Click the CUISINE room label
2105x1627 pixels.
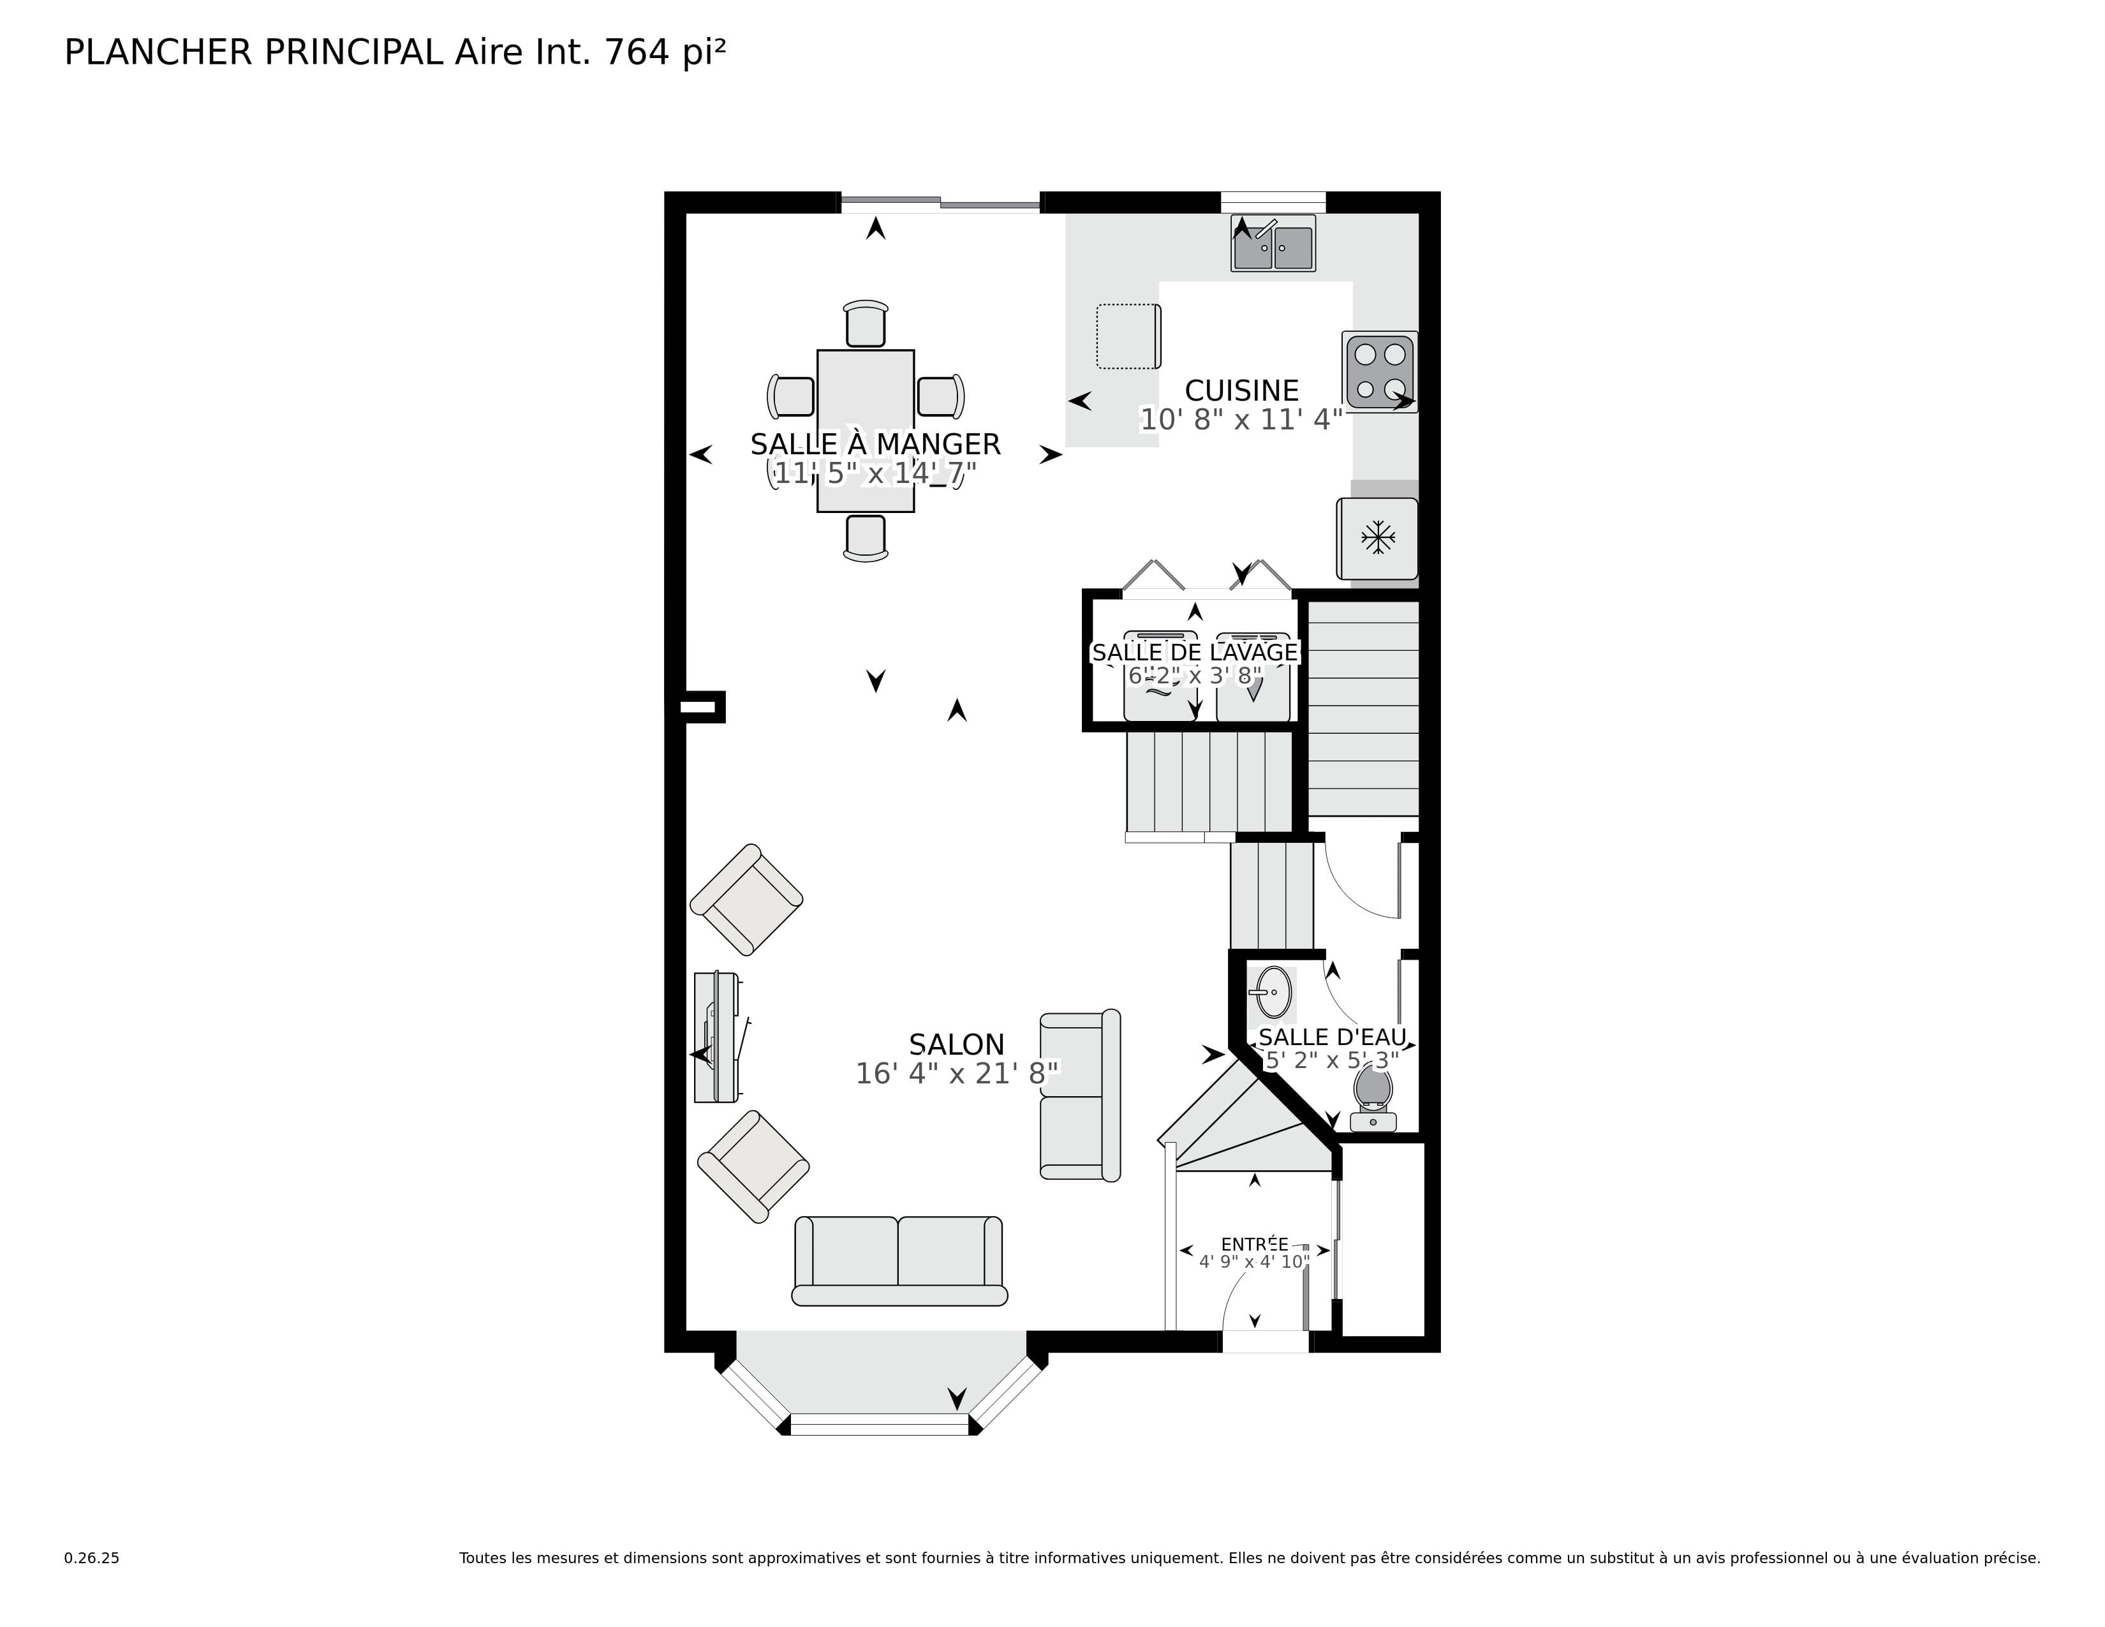point(1241,390)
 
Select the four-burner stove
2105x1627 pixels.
point(1379,371)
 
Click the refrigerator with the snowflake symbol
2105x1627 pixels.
point(1377,538)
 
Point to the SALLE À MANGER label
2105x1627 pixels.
point(875,444)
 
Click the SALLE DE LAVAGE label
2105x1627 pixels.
point(1194,653)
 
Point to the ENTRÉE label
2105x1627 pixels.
point(1254,1244)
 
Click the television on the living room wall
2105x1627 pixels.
point(717,1037)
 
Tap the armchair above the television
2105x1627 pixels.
point(746,899)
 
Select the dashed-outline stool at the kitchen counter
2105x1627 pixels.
point(1128,336)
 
